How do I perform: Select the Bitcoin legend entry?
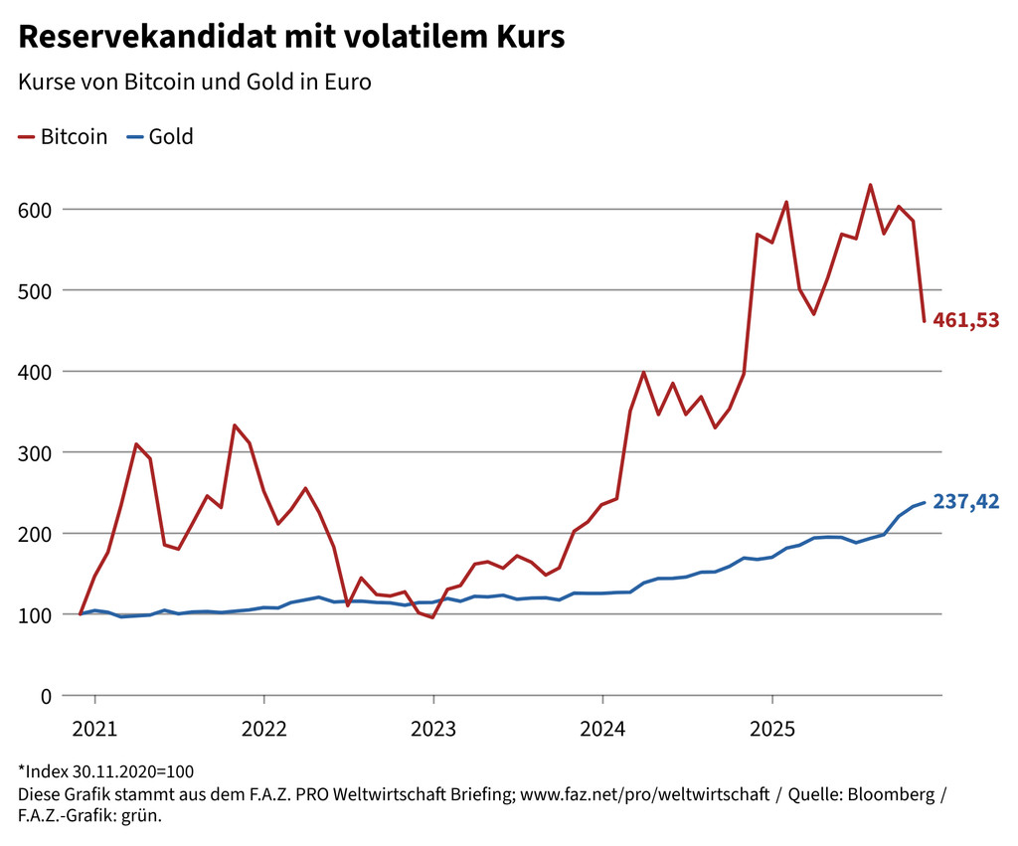coord(73,137)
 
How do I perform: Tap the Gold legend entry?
coord(170,137)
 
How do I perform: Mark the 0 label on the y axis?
coord(46,696)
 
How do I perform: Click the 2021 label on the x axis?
coord(94,729)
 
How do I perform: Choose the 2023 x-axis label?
coord(432,729)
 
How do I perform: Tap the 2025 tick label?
coord(771,729)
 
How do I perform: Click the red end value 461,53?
coord(965,320)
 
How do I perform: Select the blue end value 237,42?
coord(965,502)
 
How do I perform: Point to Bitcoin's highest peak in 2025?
coord(870,185)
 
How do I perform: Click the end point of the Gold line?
coord(925,502)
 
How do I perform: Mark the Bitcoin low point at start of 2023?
coord(432,617)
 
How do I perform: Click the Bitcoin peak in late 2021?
coord(235,425)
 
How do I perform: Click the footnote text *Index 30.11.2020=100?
coord(105,771)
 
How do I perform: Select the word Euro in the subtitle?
coord(348,82)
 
